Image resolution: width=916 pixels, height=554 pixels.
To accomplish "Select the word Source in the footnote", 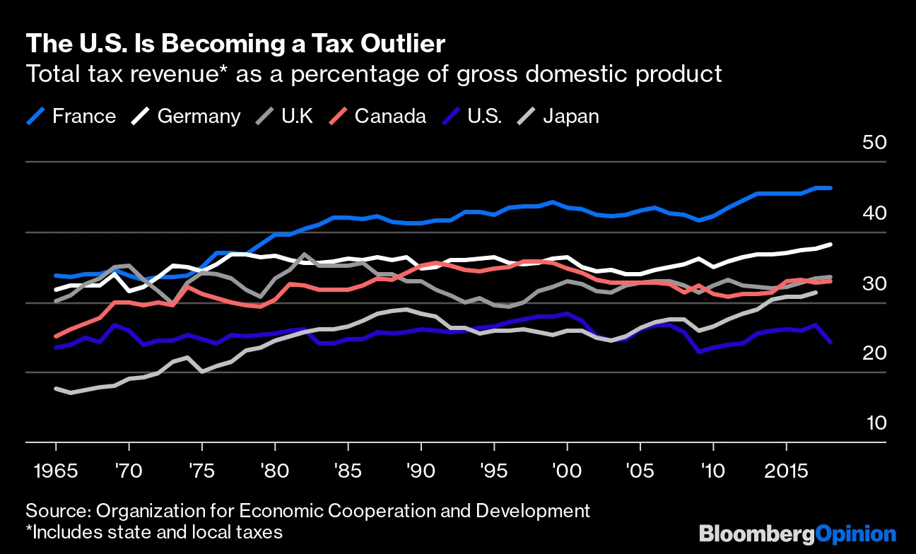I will click(x=53, y=511).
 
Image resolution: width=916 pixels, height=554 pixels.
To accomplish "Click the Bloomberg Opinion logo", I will click(x=797, y=534).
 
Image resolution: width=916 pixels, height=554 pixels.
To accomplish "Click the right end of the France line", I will click(x=830, y=188).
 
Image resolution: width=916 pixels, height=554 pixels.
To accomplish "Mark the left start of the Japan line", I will click(x=55, y=389).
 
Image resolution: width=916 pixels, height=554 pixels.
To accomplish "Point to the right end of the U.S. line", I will click(x=830, y=342).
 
